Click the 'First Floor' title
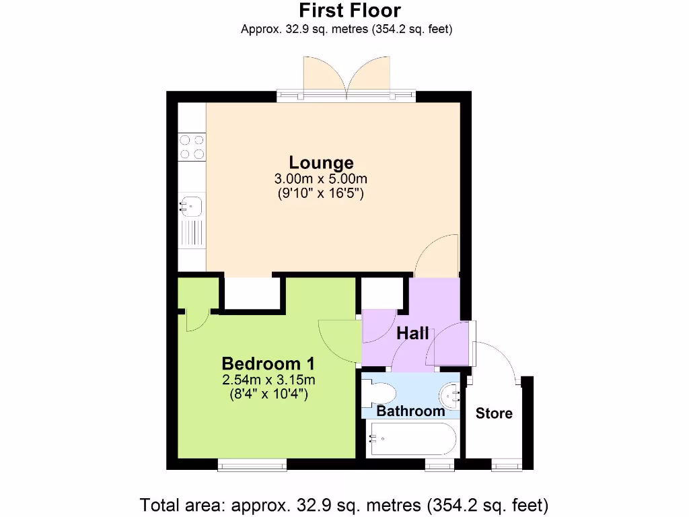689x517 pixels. [349, 11]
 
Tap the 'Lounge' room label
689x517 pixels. [321, 162]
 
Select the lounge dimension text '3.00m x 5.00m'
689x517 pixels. [321, 178]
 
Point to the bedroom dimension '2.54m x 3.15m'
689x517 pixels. [268, 380]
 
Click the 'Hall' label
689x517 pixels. [412, 333]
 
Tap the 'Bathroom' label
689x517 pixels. [410, 411]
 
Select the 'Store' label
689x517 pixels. [494, 413]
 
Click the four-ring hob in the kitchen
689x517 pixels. [192, 147]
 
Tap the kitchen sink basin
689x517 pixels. [191, 204]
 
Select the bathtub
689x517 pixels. [412, 439]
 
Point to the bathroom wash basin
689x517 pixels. [451, 392]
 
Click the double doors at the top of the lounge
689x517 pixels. [347, 75]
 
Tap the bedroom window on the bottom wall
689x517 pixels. [252, 464]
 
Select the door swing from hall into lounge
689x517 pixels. [437, 256]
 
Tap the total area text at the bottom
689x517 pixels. [344, 504]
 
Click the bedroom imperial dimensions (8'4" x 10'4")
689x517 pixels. [268, 394]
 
